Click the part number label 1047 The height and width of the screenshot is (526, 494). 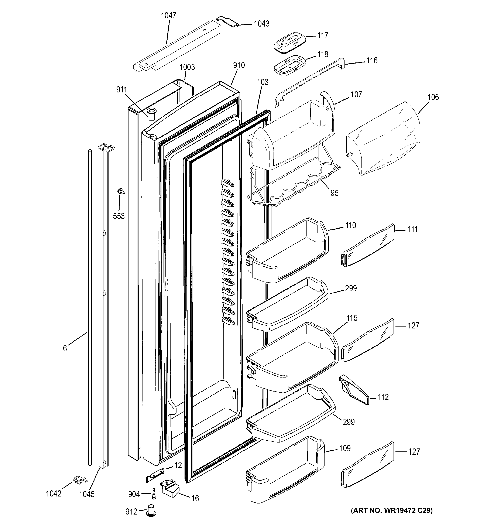point(168,16)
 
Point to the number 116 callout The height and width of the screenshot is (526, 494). point(372,61)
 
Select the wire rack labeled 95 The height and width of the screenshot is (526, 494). point(294,188)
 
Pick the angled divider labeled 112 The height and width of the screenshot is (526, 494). point(354,390)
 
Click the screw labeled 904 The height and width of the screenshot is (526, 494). point(154,494)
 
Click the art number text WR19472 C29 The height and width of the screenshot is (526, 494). point(392,510)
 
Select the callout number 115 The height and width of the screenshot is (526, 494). point(352,318)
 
